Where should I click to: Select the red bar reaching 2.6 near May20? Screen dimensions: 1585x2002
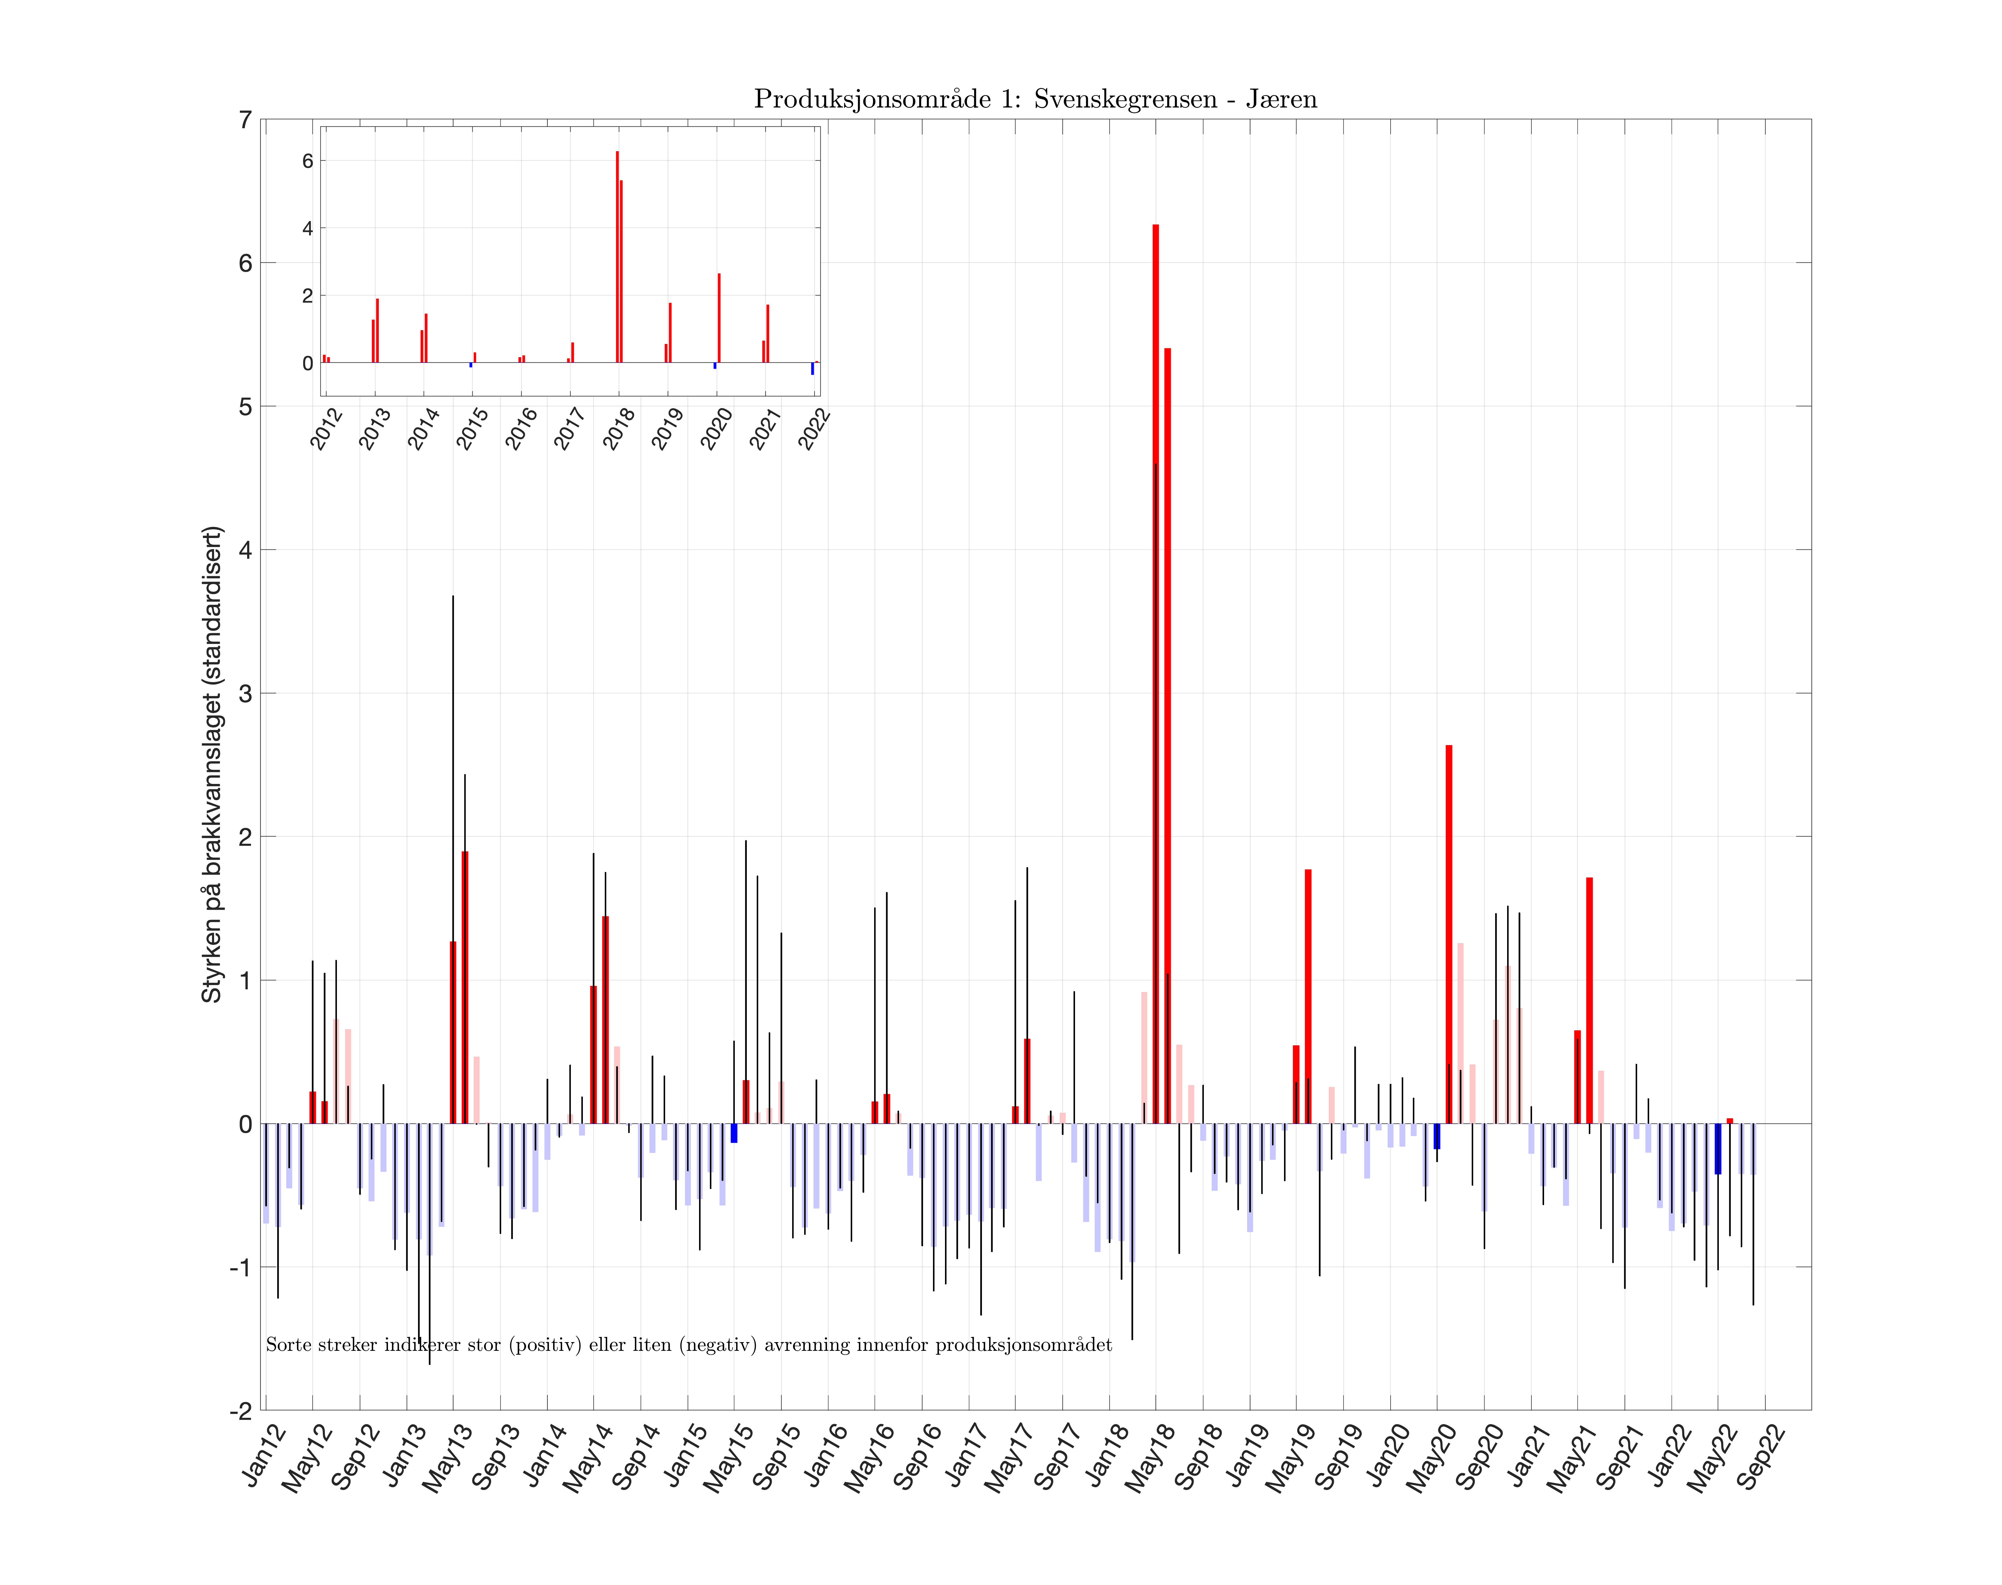click(x=1449, y=928)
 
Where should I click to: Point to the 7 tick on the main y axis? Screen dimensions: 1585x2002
click(x=245, y=121)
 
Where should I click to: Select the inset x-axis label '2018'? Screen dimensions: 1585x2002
click(x=619, y=429)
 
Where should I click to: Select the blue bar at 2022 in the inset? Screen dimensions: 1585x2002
click(x=812, y=368)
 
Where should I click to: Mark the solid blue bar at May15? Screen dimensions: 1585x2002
click(x=734, y=1133)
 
